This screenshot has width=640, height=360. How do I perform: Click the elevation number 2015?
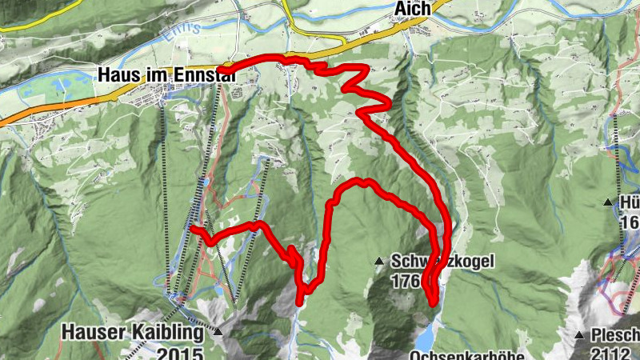pyautogui.click(x=181, y=351)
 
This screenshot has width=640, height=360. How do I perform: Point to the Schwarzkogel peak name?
pyautogui.click(x=443, y=261)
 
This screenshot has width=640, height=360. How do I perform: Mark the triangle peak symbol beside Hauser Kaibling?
pyautogui.click(x=218, y=329)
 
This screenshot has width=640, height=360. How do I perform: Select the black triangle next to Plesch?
pyautogui.click(x=578, y=334)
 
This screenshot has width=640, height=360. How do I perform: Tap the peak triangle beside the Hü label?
pyautogui.click(x=608, y=202)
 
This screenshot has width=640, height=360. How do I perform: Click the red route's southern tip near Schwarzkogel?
pyautogui.click(x=434, y=302)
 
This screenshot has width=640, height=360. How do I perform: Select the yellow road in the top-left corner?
pyautogui.click(x=24, y=27)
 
